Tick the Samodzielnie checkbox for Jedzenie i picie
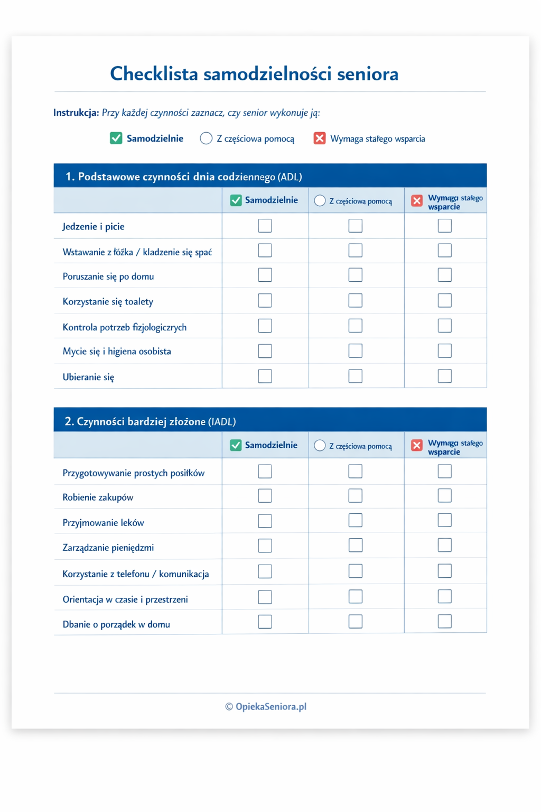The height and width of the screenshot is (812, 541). click(x=265, y=226)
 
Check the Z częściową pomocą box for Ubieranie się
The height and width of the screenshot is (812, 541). click(x=356, y=376)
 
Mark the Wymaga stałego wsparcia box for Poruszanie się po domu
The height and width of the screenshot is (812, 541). click(x=445, y=275)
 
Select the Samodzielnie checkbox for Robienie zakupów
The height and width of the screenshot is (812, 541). click(x=265, y=496)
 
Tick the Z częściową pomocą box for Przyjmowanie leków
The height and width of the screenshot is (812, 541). click(x=356, y=521)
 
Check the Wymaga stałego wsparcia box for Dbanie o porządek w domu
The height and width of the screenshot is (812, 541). click(x=445, y=621)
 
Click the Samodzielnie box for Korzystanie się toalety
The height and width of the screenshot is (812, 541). click(x=265, y=300)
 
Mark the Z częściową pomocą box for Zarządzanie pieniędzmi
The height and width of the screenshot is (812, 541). click(x=356, y=545)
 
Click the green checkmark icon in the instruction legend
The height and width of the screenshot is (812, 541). click(x=116, y=139)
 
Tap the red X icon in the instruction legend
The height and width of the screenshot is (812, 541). click(x=320, y=139)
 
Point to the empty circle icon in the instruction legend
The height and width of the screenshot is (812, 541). click(x=206, y=139)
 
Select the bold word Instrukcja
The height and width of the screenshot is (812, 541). click(x=76, y=113)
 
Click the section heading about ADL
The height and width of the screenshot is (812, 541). click(x=184, y=177)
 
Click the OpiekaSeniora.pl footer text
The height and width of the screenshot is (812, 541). click(x=270, y=707)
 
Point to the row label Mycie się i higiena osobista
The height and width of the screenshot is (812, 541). click(x=117, y=352)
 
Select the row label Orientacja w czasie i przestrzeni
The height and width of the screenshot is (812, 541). click(x=125, y=599)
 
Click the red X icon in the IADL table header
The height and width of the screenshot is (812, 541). click(x=417, y=446)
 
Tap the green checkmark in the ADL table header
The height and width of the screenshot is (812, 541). click(x=236, y=200)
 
